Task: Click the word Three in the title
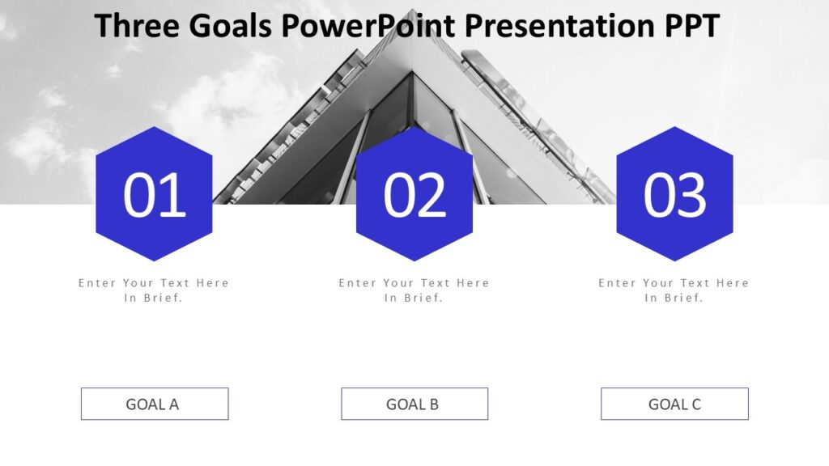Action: point(137,26)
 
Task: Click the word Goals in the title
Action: point(231,26)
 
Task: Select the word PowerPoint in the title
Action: point(369,26)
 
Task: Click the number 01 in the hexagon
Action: point(154,196)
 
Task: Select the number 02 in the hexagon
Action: point(414,196)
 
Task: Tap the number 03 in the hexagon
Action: point(674,196)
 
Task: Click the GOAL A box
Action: point(154,404)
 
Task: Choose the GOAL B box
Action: point(414,404)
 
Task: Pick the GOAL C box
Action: point(674,404)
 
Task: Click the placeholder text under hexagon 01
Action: point(154,290)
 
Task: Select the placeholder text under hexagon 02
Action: point(414,290)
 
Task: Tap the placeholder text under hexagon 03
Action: point(674,290)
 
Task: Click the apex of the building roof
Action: point(413,11)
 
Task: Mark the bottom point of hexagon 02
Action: point(414,261)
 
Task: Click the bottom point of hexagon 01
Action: point(154,261)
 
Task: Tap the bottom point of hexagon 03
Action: point(674,261)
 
